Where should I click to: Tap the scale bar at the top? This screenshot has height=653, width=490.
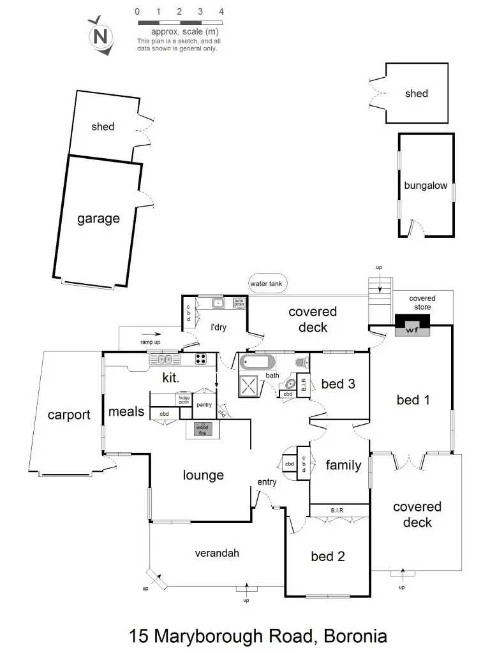point(179,22)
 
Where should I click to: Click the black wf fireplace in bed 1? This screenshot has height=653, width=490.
point(413,325)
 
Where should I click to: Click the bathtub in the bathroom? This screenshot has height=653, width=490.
point(257,364)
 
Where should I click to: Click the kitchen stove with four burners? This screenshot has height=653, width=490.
point(202,359)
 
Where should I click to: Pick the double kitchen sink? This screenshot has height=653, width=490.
point(161,360)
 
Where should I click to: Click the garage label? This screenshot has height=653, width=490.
point(98,219)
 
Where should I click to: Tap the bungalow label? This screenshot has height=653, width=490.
point(426,186)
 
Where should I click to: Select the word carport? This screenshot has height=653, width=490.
point(69,415)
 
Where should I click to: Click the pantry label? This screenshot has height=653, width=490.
point(204,405)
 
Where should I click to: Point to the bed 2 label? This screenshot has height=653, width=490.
point(328,556)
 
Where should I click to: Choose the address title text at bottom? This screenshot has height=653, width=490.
point(258,635)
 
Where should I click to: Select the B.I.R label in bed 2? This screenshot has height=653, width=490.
point(338,510)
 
